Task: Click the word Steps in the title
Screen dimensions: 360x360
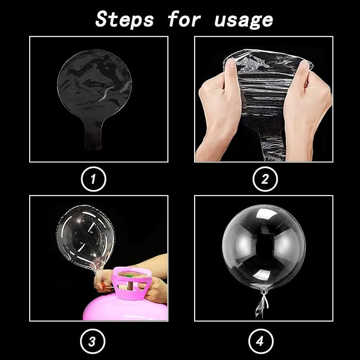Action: pyautogui.click(x=125, y=19)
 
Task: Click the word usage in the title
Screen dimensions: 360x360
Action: pyautogui.click(x=243, y=21)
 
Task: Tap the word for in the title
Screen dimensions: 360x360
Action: pyautogui.click(x=184, y=19)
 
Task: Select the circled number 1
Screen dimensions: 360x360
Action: pyautogui.click(x=93, y=179)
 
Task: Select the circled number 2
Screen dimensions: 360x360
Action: pyautogui.click(x=265, y=179)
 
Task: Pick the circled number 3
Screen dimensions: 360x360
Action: pyautogui.click(x=93, y=341)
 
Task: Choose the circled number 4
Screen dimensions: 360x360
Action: pyautogui.click(x=261, y=341)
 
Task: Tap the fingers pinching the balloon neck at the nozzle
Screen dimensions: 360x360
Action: pyautogui.click(x=104, y=283)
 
